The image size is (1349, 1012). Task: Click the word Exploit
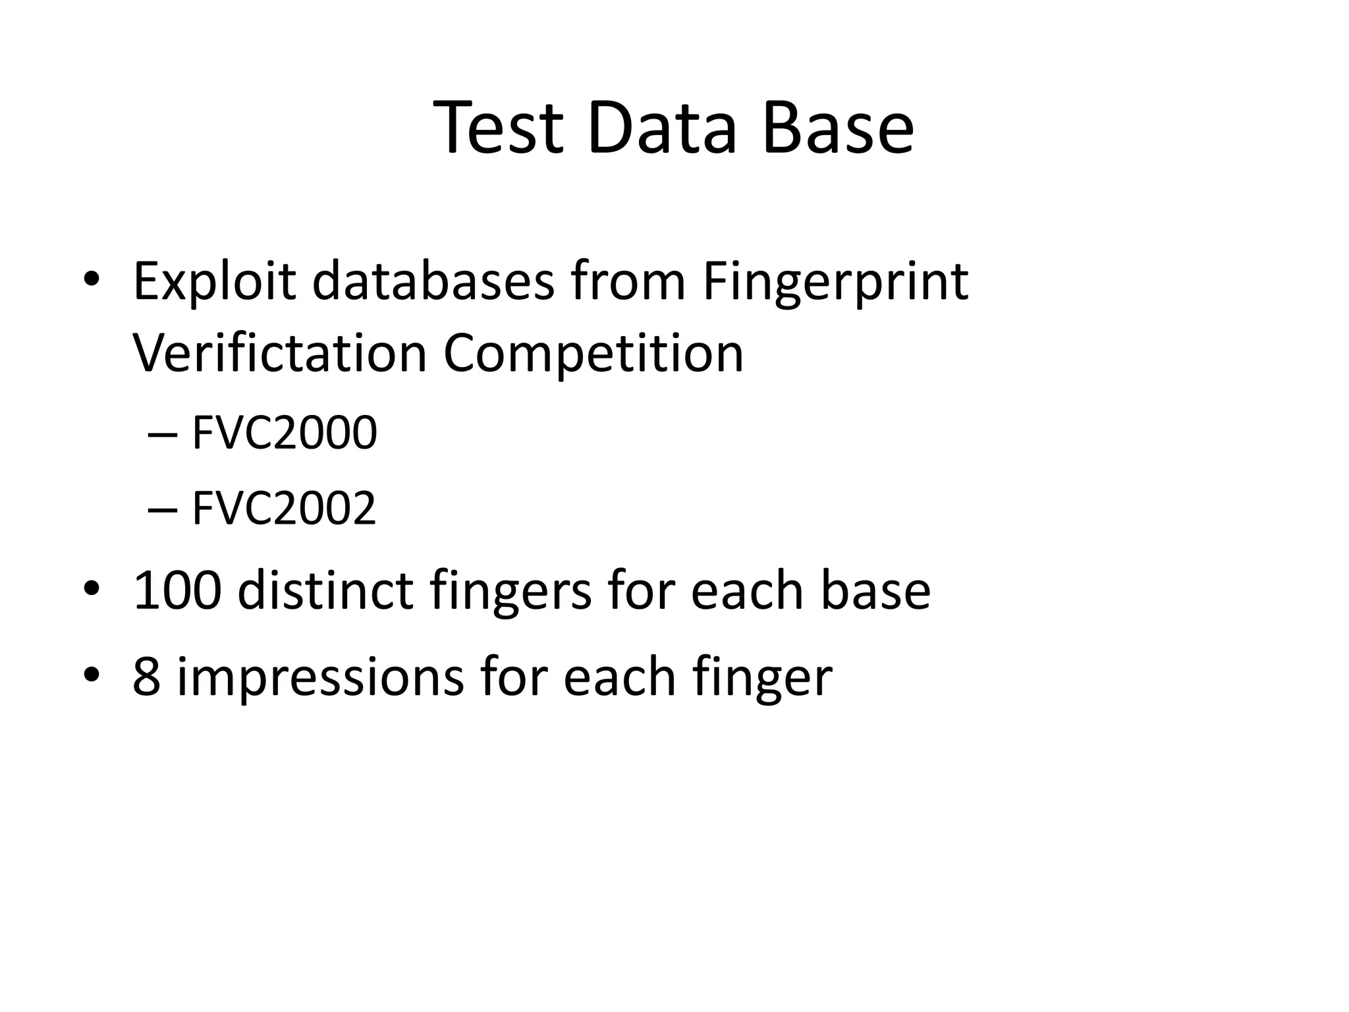(x=214, y=283)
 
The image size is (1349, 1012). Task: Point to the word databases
(x=433, y=281)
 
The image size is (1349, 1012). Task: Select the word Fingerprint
(x=835, y=283)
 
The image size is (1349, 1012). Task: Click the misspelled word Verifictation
(x=280, y=354)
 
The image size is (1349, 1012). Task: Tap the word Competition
(x=593, y=354)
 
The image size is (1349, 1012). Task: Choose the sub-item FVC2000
(x=284, y=433)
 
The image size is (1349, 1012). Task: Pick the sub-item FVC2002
(x=284, y=508)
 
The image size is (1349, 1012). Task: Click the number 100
(x=177, y=590)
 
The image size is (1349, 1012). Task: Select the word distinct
(x=325, y=590)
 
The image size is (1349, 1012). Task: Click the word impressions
(x=320, y=678)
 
